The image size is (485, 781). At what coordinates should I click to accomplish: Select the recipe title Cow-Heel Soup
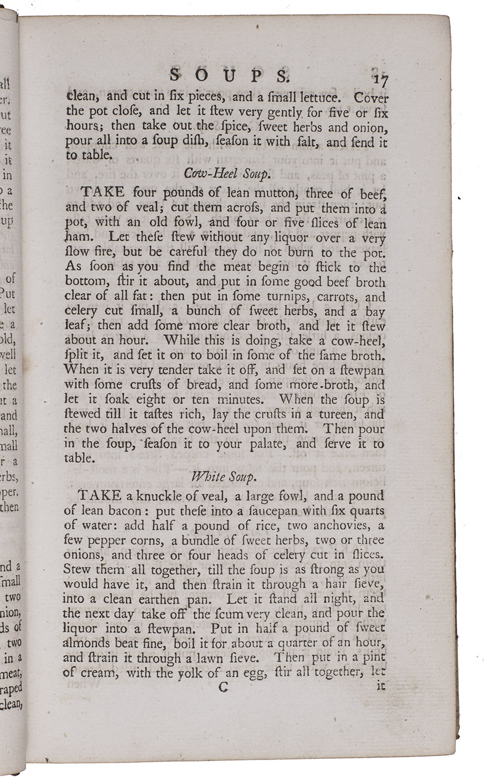tap(227, 174)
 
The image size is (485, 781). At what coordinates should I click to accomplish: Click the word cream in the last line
tap(99, 672)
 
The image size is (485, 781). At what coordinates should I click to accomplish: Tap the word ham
tap(75, 238)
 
